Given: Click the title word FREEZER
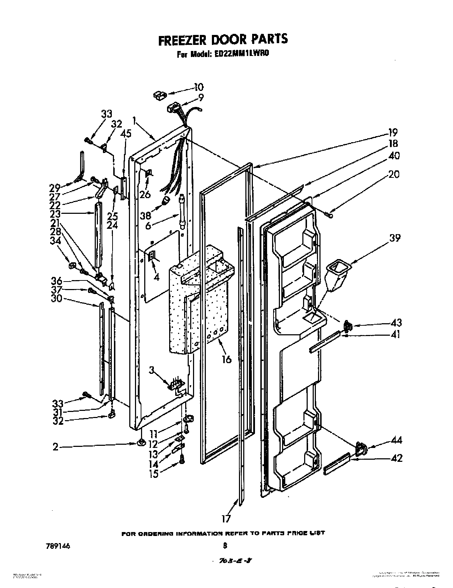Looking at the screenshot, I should click(182, 39).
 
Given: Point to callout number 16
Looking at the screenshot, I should click(226, 359).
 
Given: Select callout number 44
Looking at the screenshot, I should click(396, 441).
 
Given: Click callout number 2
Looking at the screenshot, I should click(56, 446).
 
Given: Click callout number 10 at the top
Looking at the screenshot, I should click(198, 87).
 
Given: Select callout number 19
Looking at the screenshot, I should click(393, 133).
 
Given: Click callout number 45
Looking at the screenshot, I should click(126, 134).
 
